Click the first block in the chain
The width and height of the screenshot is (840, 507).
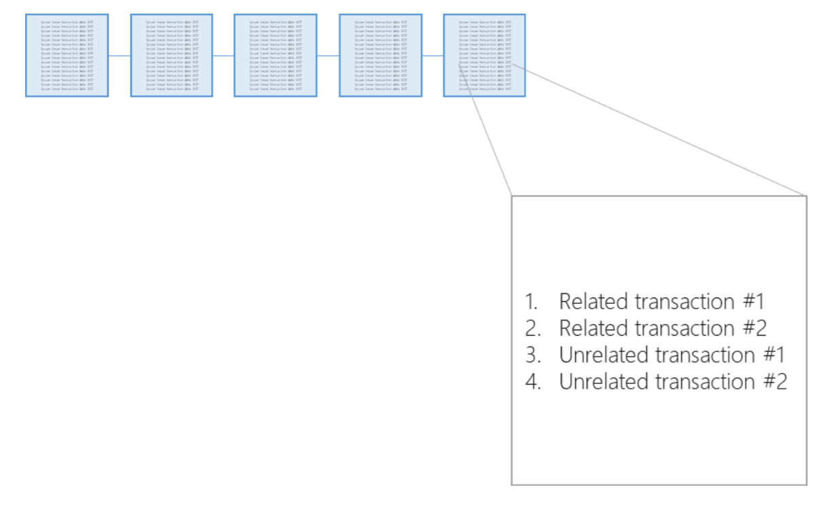click(67, 55)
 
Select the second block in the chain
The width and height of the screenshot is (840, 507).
click(171, 55)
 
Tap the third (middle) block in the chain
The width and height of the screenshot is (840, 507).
click(275, 55)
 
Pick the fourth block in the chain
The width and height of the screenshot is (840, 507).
click(381, 55)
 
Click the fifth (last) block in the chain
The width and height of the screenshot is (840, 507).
click(485, 55)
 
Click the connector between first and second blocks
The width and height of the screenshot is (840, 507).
click(120, 56)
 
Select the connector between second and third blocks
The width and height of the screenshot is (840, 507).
click(224, 56)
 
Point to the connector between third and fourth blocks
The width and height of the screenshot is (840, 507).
click(328, 56)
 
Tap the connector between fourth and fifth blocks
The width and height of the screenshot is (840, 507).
click(433, 56)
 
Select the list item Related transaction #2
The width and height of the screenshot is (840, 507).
click(663, 328)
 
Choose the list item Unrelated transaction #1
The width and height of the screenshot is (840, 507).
click(672, 355)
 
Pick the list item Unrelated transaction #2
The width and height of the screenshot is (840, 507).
click(673, 382)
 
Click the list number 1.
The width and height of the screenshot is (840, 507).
click(531, 301)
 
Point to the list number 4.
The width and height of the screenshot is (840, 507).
click(531, 382)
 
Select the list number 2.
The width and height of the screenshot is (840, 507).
click(531, 328)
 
